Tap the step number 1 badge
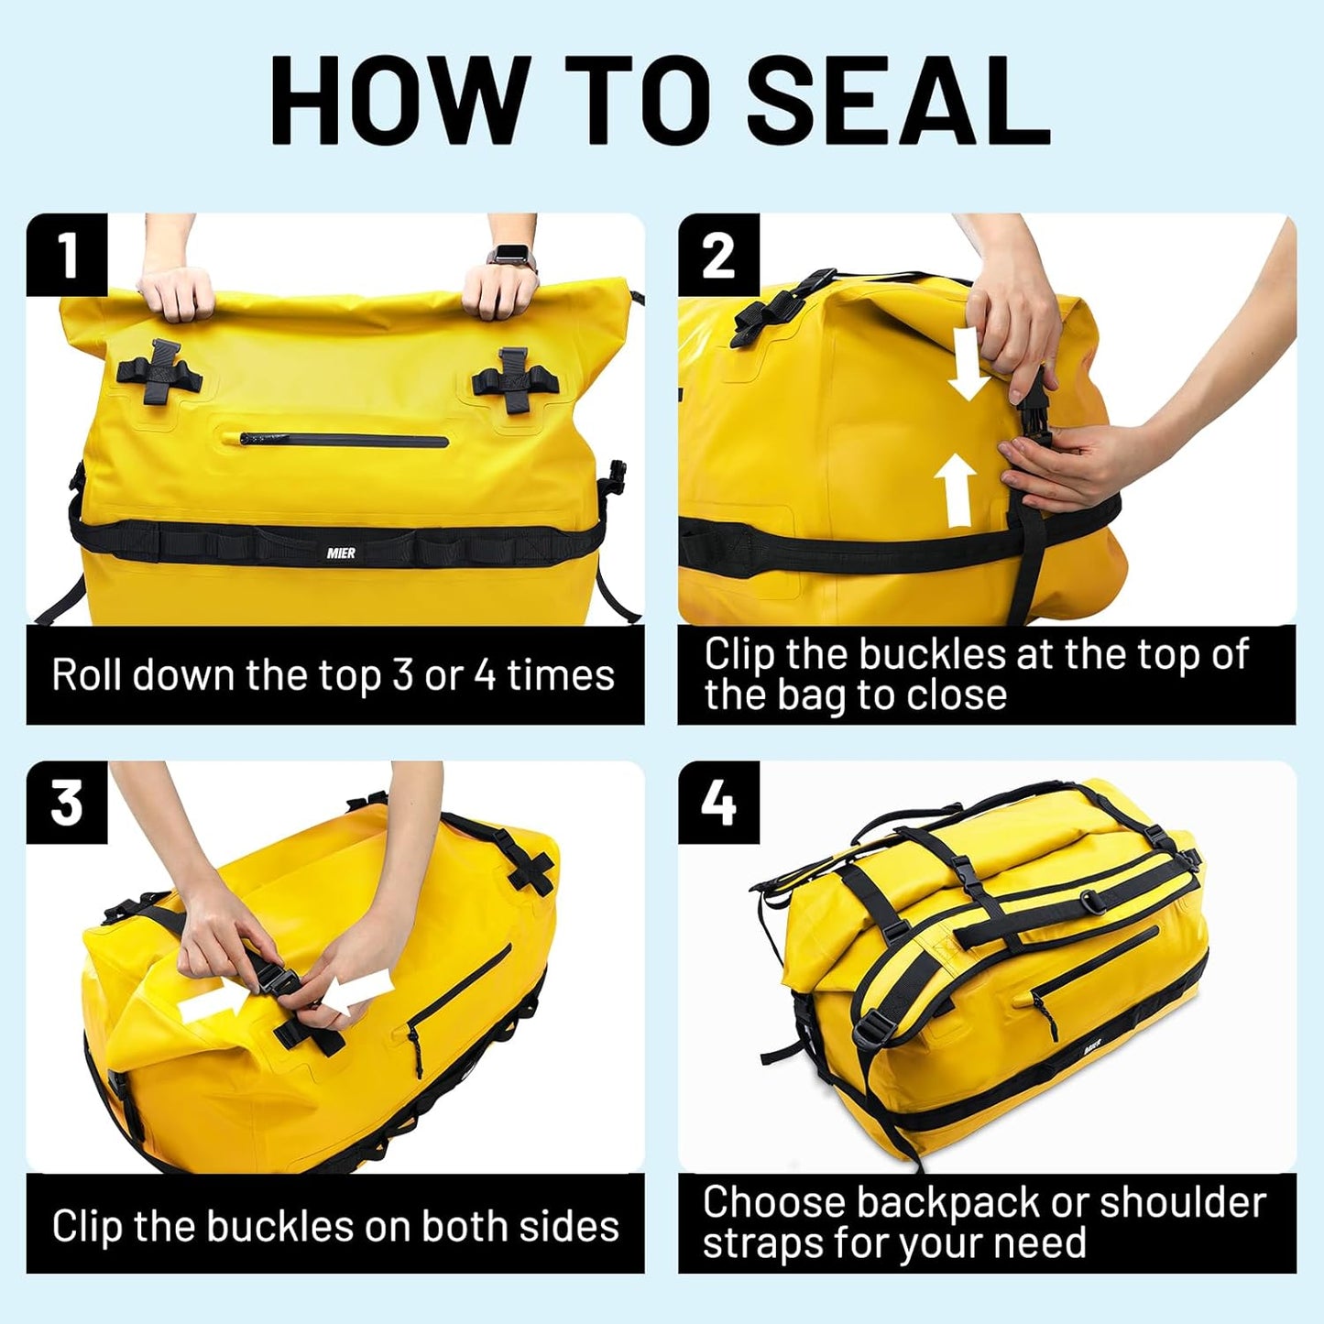point(67,255)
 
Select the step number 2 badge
point(718,255)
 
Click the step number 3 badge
point(67,803)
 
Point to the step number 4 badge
point(718,803)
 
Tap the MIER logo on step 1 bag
point(341,553)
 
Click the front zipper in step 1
point(344,441)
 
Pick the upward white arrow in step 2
point(956,490)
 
